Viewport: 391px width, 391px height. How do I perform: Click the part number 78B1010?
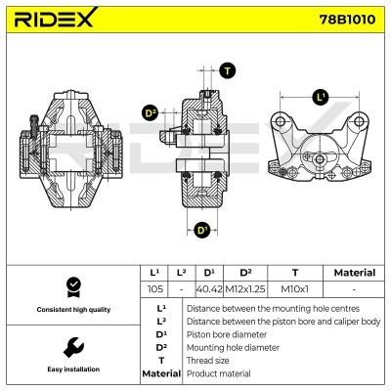348,20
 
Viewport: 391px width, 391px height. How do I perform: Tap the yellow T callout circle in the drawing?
227,69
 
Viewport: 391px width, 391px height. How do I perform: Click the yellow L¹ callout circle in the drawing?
320,97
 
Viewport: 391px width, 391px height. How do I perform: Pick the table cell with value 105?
153,289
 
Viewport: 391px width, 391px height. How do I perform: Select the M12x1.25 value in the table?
245,289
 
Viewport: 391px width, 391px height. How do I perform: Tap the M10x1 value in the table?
295,289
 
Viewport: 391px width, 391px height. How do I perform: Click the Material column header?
353,273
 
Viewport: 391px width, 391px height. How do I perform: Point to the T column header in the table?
295,273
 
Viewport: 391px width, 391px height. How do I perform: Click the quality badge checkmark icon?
70,286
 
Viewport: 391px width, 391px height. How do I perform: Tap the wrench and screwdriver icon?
70,347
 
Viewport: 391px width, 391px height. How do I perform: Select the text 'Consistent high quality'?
70,310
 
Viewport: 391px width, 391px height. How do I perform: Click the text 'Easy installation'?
70,370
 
